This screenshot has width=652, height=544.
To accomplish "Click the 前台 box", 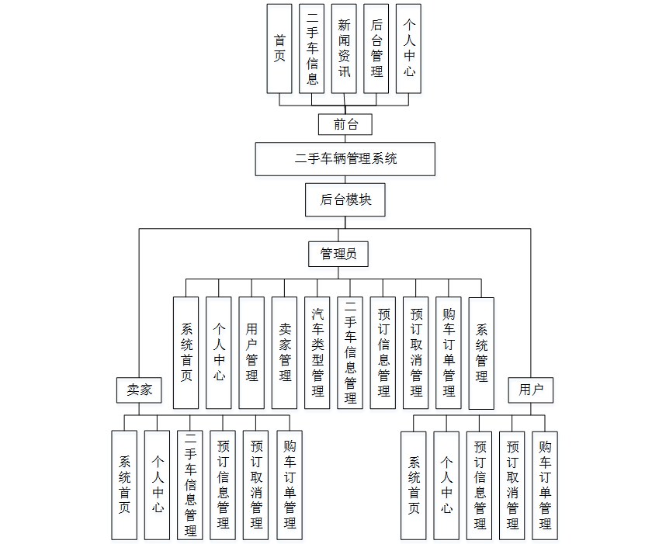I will pyautogui.click(x=345, y=124).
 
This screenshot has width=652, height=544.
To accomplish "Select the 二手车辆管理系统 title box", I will pyautogui.click(x=345, y=158).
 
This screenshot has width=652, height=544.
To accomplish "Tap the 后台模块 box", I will pyautogui.click(x=345, y=199).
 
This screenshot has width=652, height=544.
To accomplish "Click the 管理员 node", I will pyautogui.click(x=338, y=254).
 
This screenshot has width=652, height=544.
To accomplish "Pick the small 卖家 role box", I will pyautogui.click(x=140, y=390).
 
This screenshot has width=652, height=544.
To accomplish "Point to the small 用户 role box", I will pyautogui.click(x=532, y=390).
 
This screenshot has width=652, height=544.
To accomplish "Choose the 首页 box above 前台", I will pyautogui.click(x=279, y=48).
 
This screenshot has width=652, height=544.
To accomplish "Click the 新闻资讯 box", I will pyautogui.click(x=345, y=48).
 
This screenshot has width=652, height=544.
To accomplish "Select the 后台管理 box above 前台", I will pyautogui.click(x=376, y=48).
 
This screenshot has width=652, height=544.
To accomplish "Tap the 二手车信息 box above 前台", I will pyautogui.click(x=312, y=48).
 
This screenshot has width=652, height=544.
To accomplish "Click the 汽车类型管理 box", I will pyautogui.click(x=317, y=352).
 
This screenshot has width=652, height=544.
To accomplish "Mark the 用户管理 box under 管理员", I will pyautogui.click(x=251, y=352).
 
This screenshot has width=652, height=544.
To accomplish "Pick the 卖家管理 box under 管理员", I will pyautogui.click(x=285, y=352).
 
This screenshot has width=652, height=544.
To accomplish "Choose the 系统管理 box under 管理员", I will pyautogui.click(x=482, y=352).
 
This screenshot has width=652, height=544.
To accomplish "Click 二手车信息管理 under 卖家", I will pyautogui.click(x=190, y=485).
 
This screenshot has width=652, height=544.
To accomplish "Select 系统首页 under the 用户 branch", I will pyautogui.click(x=414, y=485).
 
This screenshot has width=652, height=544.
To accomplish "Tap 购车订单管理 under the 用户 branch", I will pyautogui.click(x=545, y=485).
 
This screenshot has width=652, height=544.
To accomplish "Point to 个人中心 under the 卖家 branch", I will pyautogui.click(x=158, y=485).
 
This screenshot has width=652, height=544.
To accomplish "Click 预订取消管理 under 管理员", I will pyautogui.click(x=416, y=352).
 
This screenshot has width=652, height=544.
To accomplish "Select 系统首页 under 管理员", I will pyautogui.click(x=186, y=352).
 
